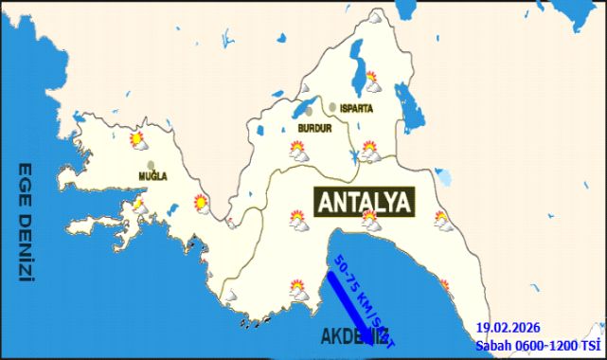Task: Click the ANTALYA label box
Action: [364, 201]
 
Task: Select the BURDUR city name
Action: [313, 127]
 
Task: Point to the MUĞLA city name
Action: [152, 177]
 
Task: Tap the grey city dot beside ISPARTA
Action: [332, 107]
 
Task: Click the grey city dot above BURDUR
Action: [309, 111]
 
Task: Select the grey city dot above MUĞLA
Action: [151, 165]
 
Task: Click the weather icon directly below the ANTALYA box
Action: [370, 223]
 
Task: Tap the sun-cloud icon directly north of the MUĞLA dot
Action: [138, 141]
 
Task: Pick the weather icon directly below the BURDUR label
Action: [298, 151]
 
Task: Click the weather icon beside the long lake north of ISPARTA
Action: [372, 81]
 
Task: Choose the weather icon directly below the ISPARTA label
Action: [369, 151]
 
